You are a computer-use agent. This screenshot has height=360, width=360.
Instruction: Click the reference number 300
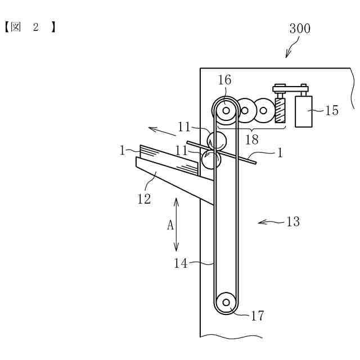pyautogui.click(x=300, y=29)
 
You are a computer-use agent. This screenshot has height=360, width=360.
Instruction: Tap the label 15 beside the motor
pyautogui.click(x=332, y=110)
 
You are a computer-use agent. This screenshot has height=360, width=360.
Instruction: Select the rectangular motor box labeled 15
pyautogui.click(x=304, y=111)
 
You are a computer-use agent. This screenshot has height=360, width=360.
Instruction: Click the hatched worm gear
pyautogui.click(x=280, y=110)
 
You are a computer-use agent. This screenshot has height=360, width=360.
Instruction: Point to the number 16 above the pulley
pyautogui.click(x=224, y=80)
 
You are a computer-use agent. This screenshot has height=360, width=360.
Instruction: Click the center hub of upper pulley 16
pyautogui.click(x=226, y=111)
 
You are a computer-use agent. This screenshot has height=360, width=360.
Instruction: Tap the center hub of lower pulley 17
pyautogui.click(x=226, y=303)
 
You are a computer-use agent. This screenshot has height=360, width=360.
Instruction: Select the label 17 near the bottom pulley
pyautogui.click(x=258, y=316)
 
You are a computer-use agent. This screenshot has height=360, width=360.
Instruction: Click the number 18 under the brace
pyautogui.click(x=252, y=139)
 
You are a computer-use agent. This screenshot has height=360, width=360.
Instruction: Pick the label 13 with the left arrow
pyautogui.click(x=293, y=222)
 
